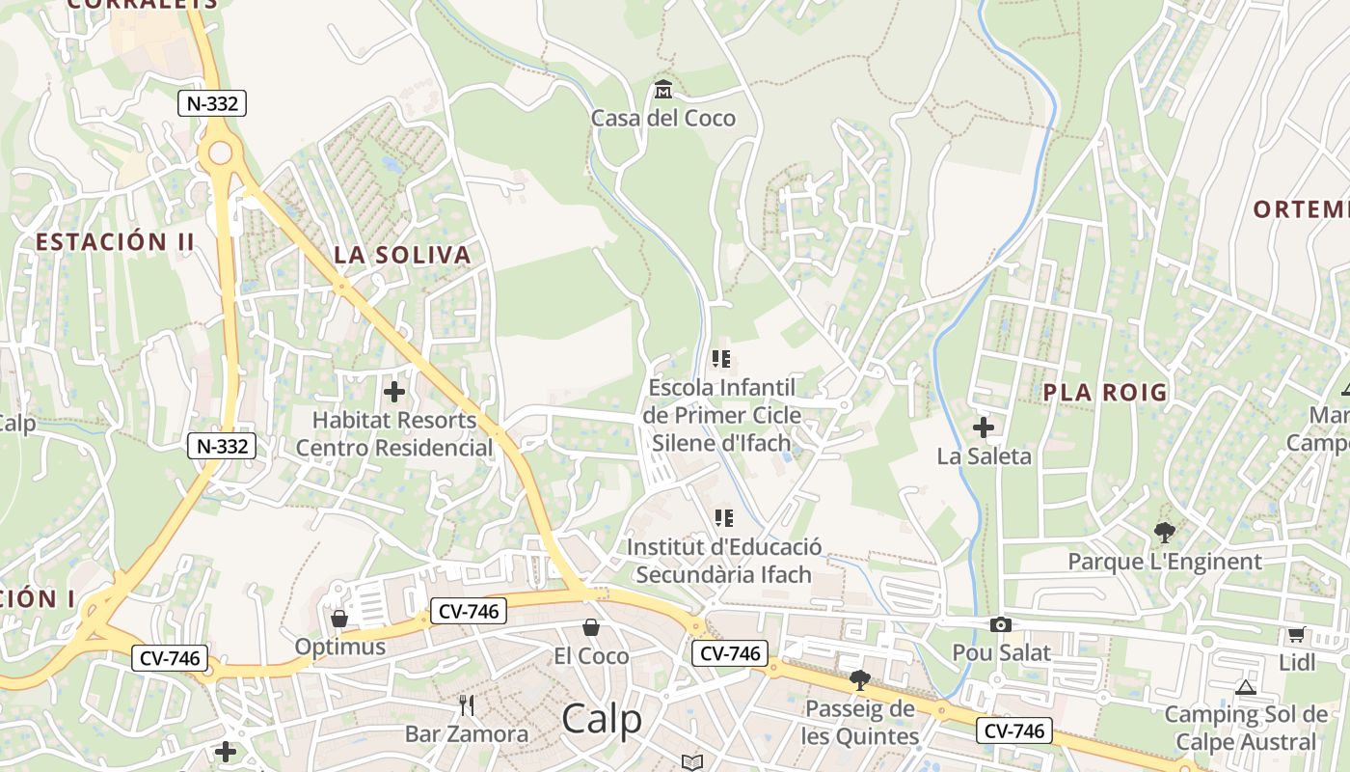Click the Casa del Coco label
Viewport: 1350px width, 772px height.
pyautogui.click(x=662, y=119)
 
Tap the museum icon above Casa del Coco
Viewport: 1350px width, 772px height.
pyautogui.click(x=662, y=91)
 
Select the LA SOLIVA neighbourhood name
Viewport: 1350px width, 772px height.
pyautogui.click(x=402, y=256)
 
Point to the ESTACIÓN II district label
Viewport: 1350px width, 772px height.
pyautogui.click(x=115, y=242)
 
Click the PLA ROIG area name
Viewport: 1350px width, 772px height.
pyautogui.click(x=1105, y=393)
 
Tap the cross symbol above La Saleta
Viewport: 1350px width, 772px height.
pyautogui.click(x=984, y=427)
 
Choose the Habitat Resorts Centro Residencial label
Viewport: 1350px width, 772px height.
pyautogui.click(x=394, y=434)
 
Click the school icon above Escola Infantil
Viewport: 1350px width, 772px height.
pyautogui.click(x=721, y=359)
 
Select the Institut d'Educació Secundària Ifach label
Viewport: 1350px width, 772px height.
pyautogui.click(x=724, y=562)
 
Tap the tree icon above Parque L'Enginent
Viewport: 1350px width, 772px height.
pyautogui.click(x=1165, y=532)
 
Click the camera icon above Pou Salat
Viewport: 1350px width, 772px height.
pyautogui.click(x=1001, y=625)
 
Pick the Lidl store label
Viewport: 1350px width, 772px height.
pyautogui.click(x=1297, y=663)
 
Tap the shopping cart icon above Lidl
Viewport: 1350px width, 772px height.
pyautogui.click(x=1297, y=635)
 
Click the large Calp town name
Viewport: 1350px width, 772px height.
pyautogui.click(x=602, y=719)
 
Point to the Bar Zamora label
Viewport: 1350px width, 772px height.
pyautogui.click(x=467, y=734)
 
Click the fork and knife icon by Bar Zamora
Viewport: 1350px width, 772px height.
pyautogui.click(x=467, y=706)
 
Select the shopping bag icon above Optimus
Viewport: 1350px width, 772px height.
pyautogui.click(x=339, y=619)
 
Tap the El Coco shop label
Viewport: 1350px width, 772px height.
pyautogui.click(x=591, y=657)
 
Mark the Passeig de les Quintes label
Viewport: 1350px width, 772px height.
pyautogui.click(x=860, y=723)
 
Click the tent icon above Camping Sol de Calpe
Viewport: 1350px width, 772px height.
pyautogui.click(x=1245, y=688)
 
